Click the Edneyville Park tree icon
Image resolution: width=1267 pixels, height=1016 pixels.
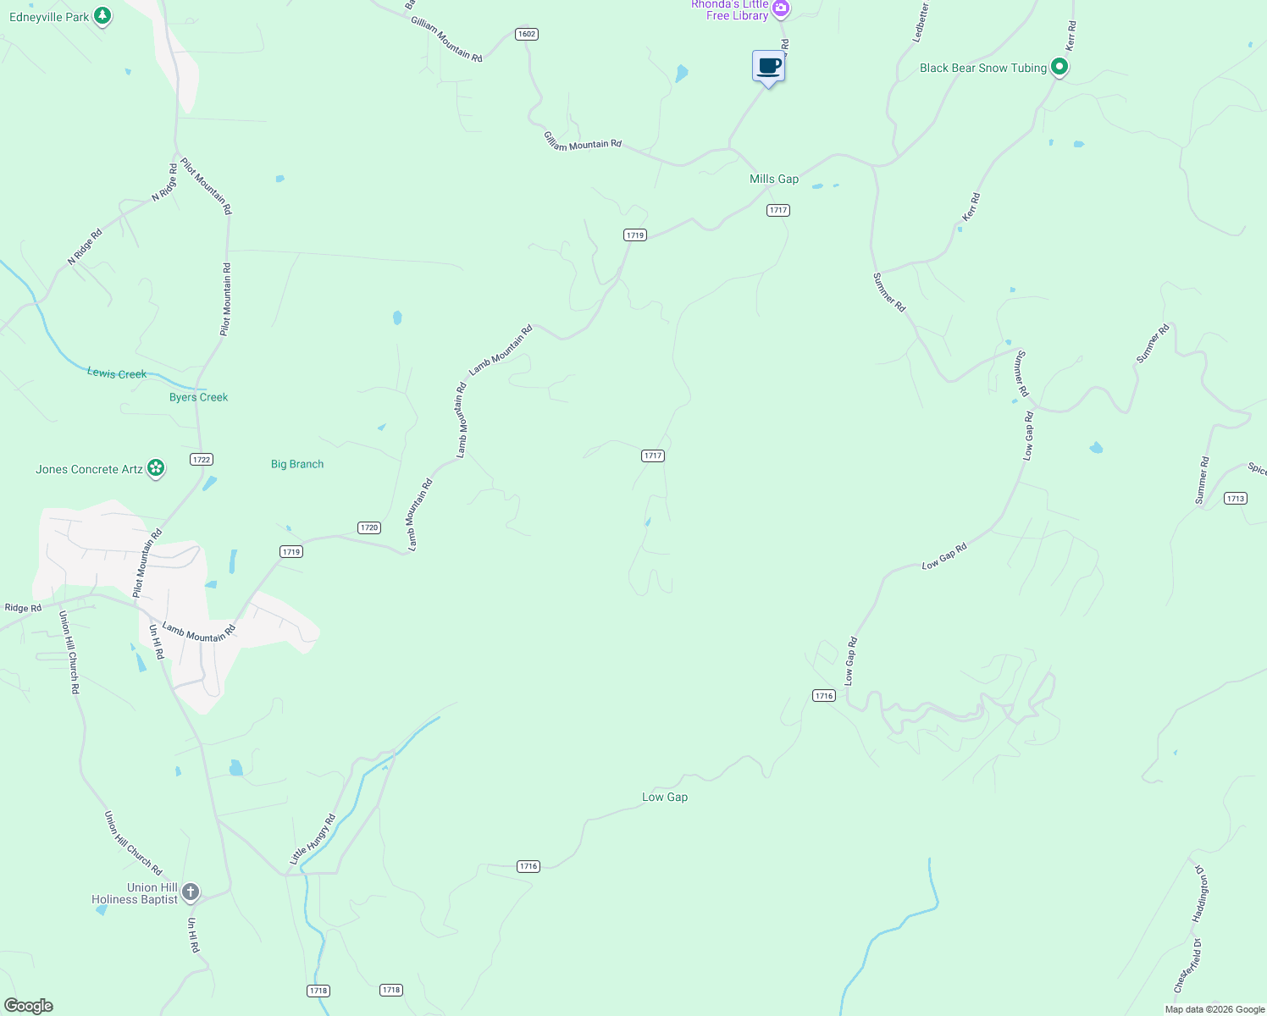coord(102,16)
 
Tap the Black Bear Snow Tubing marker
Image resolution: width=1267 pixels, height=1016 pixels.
coord(1059,67)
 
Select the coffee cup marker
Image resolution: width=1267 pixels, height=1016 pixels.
coord(769,67)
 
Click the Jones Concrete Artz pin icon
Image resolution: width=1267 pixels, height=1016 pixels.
coord(156,468)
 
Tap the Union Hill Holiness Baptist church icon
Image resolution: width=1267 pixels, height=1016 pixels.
coord(191,892)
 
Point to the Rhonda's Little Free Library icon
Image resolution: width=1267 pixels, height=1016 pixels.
coord(781,9)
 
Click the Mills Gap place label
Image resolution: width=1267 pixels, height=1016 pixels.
coord(774,179)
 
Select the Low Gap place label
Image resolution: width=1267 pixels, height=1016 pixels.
coord(665,797)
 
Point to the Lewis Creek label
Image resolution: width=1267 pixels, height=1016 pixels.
coord(117,373)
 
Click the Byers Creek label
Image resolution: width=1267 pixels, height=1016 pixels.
coord(198,397)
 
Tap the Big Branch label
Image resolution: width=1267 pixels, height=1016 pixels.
coord(297,464)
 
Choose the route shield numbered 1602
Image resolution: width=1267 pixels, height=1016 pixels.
coord(527,34)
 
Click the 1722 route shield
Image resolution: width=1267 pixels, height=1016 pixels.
coord(202,460)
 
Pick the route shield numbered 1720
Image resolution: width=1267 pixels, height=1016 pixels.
coord(369,527)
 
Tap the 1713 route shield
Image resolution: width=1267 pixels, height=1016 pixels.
coord(1236,499)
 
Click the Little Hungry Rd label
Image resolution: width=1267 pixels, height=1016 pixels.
coord(313,839)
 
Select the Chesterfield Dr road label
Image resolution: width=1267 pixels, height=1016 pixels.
coord(1187,966)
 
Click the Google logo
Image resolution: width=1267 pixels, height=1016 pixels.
coord(29,1006)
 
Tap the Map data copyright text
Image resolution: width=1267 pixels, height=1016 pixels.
coord(1214,1009)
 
